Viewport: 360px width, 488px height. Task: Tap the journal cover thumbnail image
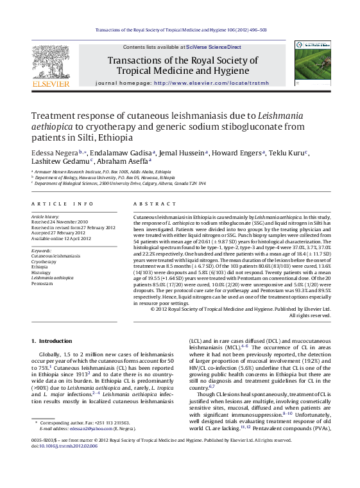point(313,64)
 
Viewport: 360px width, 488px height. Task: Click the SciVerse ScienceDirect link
point(214,48)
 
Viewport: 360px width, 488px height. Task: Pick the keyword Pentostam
point(42,283)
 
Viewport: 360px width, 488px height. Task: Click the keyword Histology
point(40,272)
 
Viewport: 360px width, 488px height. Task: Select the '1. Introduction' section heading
point(53,340)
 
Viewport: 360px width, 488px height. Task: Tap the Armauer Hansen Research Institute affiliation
point(103,172)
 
